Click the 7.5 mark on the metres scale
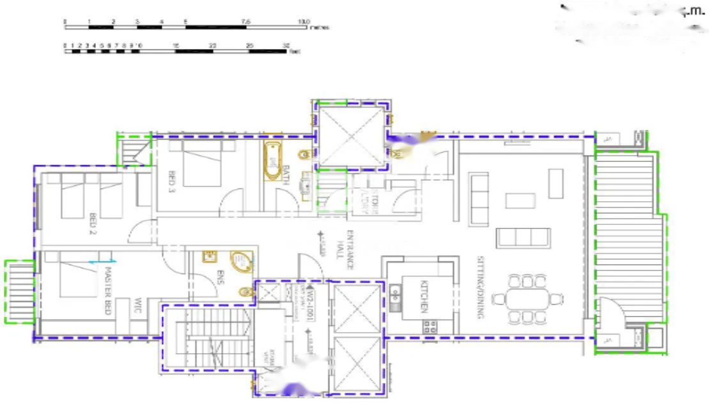[x=245, y=21]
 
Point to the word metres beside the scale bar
[x=319, y=27]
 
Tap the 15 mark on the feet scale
[x=175, y=45]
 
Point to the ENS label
[x=221, y=279]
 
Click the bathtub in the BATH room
[x=274, y=162]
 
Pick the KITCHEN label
[x=423, y=296]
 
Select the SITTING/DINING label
[x=483, y=287]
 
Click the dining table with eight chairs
[x=529, y=298]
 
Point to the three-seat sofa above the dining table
[x=522, y=238]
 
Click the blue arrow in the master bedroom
[x=102, y=261]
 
